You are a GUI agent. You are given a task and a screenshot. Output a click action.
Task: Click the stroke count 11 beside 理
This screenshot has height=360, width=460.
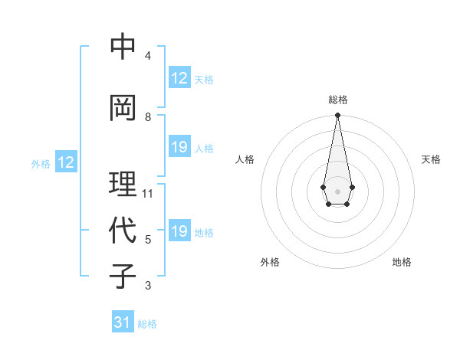point(148,194)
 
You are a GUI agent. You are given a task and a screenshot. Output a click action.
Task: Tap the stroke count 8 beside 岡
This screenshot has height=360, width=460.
point(148,117)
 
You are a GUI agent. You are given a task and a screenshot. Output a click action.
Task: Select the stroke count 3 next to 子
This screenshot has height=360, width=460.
point(148,286)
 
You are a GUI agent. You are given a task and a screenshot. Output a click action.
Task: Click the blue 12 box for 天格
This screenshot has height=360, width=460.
point(179,78)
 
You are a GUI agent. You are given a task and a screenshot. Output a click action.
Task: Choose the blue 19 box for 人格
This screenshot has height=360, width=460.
point(179,147)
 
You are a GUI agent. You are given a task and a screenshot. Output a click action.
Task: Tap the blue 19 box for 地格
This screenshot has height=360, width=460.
point(179,231)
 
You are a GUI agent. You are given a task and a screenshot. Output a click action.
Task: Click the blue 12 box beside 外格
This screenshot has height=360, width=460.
point(65,162)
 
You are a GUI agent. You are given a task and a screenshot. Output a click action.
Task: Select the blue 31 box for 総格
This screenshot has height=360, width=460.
point(123,322)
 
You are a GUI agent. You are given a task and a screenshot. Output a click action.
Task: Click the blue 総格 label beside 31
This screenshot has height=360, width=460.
point(147,323)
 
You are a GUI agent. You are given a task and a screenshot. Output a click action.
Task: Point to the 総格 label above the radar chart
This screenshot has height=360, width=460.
point(337,100)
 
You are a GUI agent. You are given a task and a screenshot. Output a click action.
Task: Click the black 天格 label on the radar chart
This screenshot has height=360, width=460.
point(431,159)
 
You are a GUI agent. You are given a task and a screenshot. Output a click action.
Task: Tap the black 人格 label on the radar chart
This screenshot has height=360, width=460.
point(245,159)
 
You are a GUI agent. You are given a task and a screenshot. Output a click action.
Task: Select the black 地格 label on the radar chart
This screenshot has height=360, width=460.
point(402,262)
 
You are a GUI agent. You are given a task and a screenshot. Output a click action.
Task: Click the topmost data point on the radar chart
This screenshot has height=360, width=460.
point(337,116)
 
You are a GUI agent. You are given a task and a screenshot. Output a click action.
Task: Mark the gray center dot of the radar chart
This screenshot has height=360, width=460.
point(337,191)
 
